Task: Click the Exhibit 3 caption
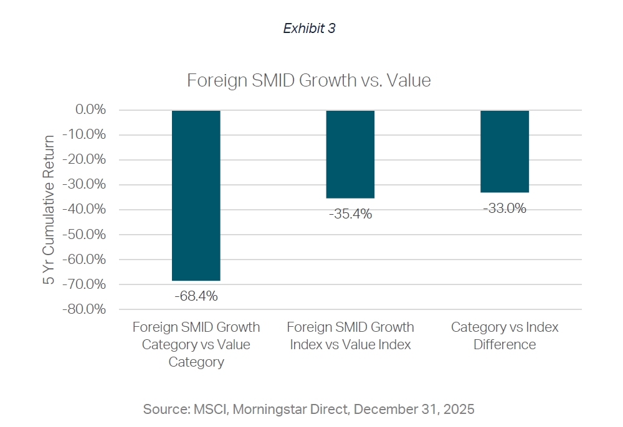click(x=309, y=29)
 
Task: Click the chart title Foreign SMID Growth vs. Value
click(x=309, y=81)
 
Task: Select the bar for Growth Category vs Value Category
click(x=196, y=195)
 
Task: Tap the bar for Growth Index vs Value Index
click(x=350, y=154)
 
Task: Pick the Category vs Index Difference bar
click(x=505, y=151)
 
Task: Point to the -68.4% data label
click(x=196, y=296)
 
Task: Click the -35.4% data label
click(x=350, y=214)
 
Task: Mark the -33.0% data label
click(x=505, y=209)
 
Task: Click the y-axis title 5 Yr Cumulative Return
click(x=49, y=210)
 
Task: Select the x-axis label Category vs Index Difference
click(x=505, y=335)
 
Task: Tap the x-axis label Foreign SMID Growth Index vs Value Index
click(x=350, y=335)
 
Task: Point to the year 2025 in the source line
click(x=460, y=409)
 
